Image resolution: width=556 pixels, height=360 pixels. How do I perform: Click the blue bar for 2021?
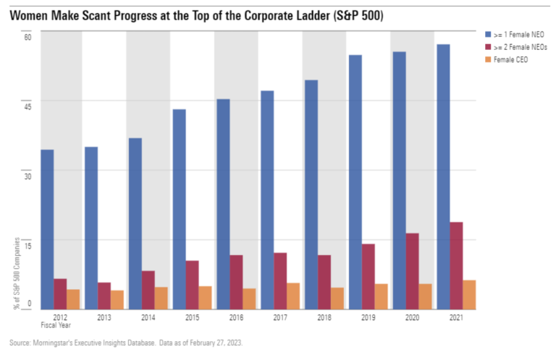click(x=443, y=177)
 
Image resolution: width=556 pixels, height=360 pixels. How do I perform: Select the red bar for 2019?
click(x=368, y=276)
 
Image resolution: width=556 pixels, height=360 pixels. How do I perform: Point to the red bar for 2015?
click(x=193, y=284)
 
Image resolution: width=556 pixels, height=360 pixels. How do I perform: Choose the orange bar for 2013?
click(x=117, y=299)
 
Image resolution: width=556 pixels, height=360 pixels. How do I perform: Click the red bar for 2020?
click(x=413, y=271)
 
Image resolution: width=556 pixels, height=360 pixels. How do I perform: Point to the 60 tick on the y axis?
click(x=28, y=37)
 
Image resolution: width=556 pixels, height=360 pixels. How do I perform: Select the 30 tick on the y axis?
click(x=28, y=174)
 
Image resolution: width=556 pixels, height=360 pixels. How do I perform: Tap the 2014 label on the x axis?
click(x=148, y=317)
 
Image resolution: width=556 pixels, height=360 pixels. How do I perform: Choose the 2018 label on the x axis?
click(x=324, y=317)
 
